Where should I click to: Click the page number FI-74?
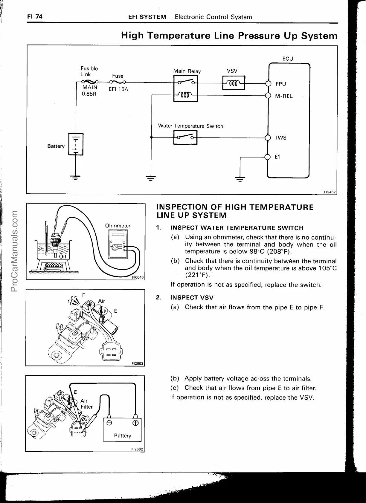[35, 17]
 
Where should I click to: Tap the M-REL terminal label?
[284, 96]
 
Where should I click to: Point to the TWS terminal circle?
[268, 137]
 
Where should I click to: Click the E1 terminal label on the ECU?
[277, 157]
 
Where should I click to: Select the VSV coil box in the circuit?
[234, 83]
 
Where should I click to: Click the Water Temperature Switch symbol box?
[185, 137]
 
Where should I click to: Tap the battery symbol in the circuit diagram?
[76, 144]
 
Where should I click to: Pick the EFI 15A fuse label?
[118, 89]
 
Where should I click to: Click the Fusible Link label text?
[89, 71]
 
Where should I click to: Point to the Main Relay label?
[187, 71]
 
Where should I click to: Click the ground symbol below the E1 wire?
[240, 179]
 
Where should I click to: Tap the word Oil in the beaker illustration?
[62, 256]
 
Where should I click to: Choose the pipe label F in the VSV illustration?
[84, 295]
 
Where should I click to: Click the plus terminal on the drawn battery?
[135, 423]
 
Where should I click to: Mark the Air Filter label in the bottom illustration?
[86, 403]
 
